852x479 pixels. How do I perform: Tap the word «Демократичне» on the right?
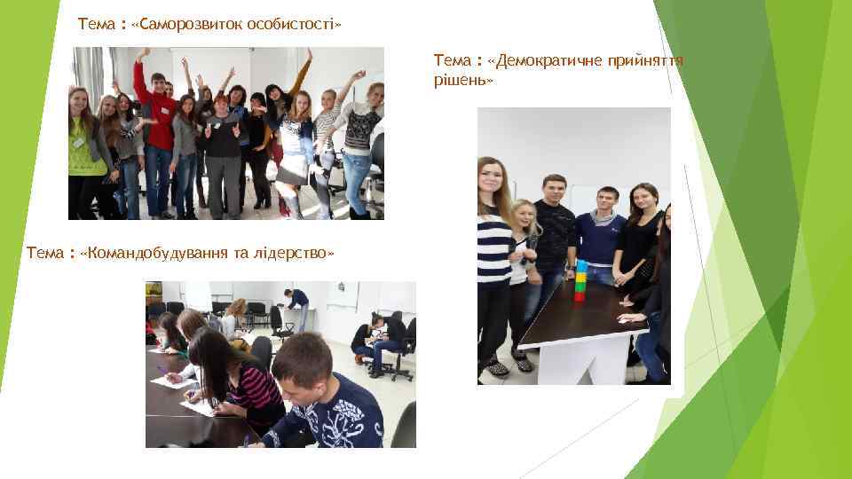pos(540,60)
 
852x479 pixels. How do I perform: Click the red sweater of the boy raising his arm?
pos(160,120)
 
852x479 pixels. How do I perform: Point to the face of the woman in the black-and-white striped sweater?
pos(491,175)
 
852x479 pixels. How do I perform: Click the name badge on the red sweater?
pos(166,109)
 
